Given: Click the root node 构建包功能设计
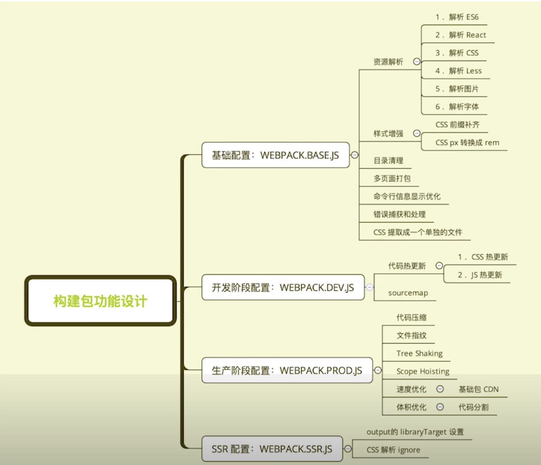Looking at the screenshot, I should [x=100, y=301].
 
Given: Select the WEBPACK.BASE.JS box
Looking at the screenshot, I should [x=275, y=155].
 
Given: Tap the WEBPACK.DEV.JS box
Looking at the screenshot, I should [x=283, y=287].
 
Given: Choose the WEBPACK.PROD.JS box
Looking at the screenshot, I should [x=287, y=370].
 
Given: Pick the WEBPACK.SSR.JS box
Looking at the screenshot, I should [x=272, y=449].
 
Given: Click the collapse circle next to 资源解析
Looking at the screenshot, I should [x=417, y=61].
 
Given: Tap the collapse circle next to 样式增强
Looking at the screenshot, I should [x=417, y=133].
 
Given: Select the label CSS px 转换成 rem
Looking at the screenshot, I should [x=467, y=143].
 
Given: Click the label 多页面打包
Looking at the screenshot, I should [x=392, y=179].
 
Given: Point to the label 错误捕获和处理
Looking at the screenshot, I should [x=399, y=215].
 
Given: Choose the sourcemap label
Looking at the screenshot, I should [x=408, y=293].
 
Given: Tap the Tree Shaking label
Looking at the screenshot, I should [x=419, y=353].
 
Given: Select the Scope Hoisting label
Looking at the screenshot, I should [x=423, y=371].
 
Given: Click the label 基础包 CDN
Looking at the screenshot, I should [x=478, y=389].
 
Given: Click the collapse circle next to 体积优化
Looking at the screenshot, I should [x=440, y=407].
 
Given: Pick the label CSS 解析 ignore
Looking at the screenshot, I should [x=393, y=450].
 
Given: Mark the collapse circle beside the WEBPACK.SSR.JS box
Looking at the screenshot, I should [x=348, y=449].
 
